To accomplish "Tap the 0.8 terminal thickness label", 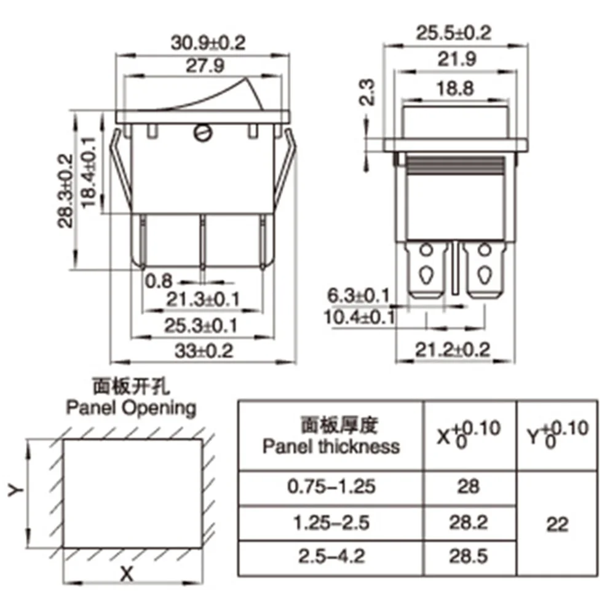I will point(159,281).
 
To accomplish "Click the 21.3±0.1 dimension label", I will point(203,300).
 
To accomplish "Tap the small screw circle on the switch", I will point(202,132).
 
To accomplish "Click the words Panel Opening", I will point(131,407).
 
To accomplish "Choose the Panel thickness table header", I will point(331,436).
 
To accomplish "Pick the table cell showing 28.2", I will point(469,523).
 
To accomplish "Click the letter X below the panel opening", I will point(126,574).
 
